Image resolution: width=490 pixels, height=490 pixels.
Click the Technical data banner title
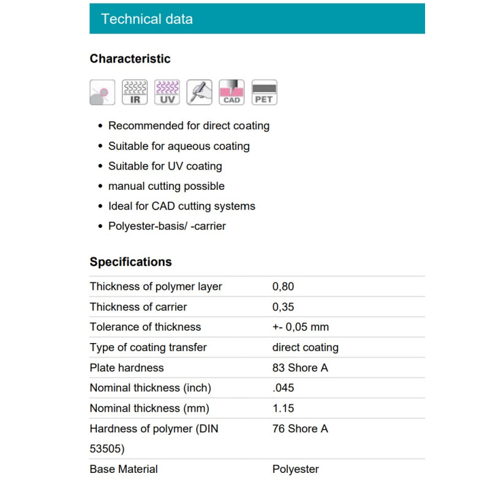click(x=147, y=19)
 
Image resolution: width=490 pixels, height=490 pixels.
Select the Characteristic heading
click(x=130, y=59)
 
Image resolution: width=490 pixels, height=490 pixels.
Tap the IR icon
click(x=135, y=92)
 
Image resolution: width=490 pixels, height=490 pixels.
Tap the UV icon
click(x=167, y=92)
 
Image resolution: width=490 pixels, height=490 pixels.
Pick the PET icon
click(x=265, y=92)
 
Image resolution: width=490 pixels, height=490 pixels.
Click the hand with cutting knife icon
click(x=200, y=92)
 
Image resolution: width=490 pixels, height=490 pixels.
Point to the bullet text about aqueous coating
click(x=179, y=146)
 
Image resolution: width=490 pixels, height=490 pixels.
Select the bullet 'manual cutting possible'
click(x=167, y=186)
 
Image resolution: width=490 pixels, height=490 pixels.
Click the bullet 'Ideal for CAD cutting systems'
click(x=182, y=206)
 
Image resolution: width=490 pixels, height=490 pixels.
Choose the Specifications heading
click(x=130, y=262)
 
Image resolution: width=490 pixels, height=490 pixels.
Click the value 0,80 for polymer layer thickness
click(x=283, y=287)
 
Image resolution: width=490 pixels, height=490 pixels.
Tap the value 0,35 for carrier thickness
click(x=283, y=307)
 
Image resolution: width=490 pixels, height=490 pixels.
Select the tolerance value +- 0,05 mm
click(x=301, y=327)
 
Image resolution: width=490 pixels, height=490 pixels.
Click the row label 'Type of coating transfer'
click(x=148, y=347)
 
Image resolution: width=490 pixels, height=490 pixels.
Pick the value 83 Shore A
click(x=300, y=368)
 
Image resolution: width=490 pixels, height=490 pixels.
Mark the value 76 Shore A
click(x=300, y=429)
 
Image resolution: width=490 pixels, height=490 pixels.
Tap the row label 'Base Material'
click(x=124, y=469)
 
